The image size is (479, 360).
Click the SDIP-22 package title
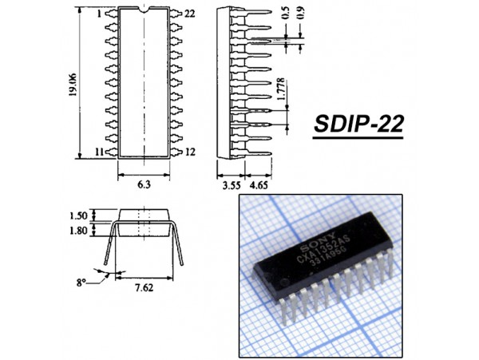pos(358,124)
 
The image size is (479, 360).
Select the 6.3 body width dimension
pos(144,184)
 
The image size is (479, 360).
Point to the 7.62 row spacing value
pos(144,287)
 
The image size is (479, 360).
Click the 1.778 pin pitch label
pos(282,89)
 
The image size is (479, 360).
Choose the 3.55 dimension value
pos(232,185)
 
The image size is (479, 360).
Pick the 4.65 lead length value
pos(259,185)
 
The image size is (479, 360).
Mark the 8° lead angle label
pos(81,283)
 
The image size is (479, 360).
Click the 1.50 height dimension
pos(78,216)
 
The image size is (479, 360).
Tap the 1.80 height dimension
pos(78,230)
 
